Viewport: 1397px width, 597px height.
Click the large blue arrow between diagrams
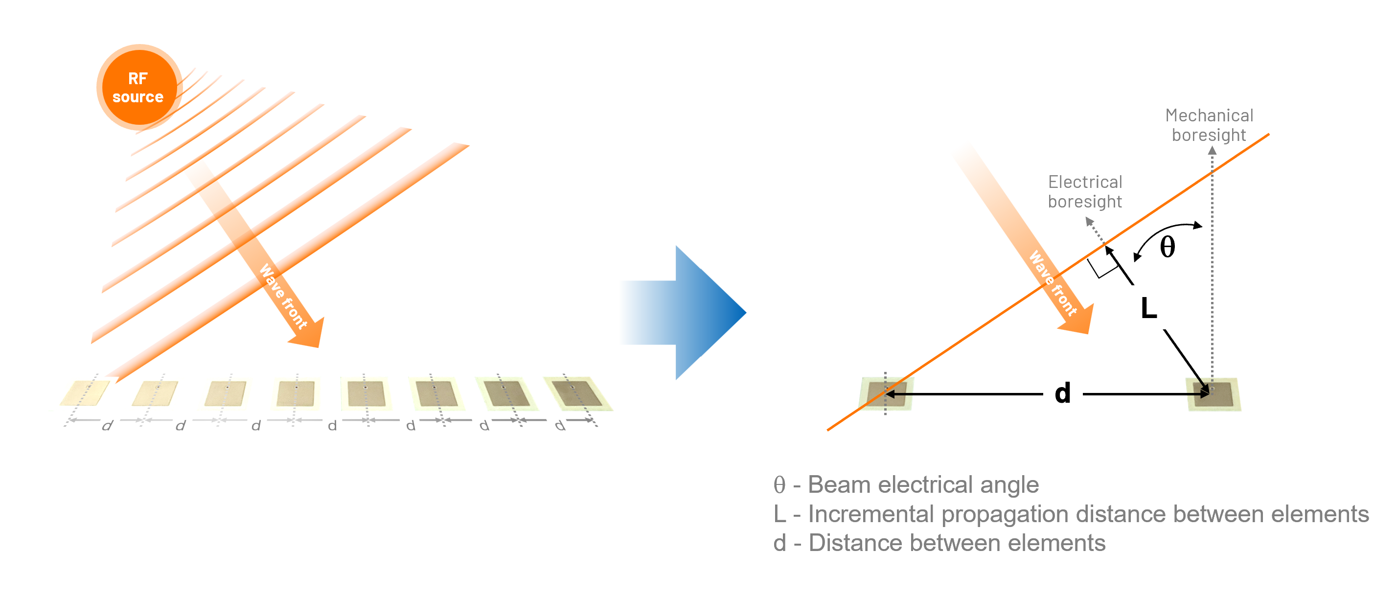point(700,312)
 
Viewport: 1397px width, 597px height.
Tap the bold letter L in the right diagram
point(1148,308)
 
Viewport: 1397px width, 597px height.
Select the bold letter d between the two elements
point(1062,393)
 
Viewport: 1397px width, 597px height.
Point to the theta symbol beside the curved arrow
point(1167,247)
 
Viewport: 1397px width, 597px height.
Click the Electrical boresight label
point(1085,191)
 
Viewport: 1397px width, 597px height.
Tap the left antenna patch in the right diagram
point(886,393)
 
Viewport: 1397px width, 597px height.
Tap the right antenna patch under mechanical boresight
point(1214,394)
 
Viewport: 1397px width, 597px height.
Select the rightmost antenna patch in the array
point(576,393)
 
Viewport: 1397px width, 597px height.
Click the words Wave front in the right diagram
point(1053,283)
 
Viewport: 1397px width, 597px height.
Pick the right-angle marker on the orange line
point(1101,268)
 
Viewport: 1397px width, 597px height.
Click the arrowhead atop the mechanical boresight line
point(1212,150)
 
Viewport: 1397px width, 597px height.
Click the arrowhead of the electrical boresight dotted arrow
point(1089,221)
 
